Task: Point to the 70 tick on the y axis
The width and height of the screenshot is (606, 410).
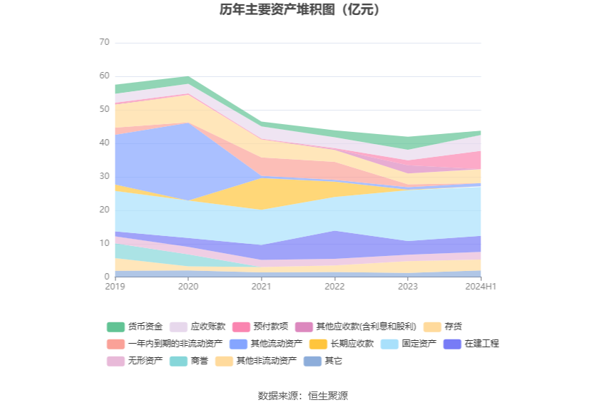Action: [104, 43]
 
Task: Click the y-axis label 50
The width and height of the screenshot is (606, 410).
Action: [104, 110]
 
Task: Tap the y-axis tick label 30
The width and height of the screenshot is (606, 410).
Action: [104, 177]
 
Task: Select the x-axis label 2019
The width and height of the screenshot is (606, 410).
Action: [114, 287]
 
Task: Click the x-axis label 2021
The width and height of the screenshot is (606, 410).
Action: [261, 287]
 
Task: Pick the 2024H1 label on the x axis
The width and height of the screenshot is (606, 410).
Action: [481, 287]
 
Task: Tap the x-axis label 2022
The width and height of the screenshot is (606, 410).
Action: [334, 287]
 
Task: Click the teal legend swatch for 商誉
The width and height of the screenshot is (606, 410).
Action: [179, 361]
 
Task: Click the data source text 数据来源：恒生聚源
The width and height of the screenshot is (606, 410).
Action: [302, 396]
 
